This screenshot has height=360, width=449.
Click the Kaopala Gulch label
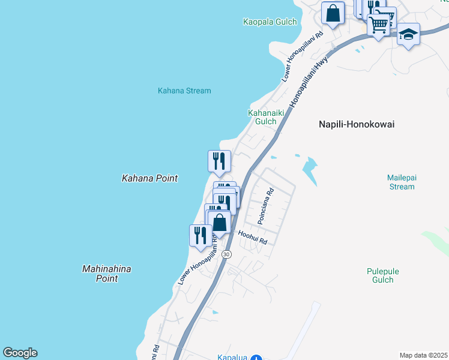pos(270,22)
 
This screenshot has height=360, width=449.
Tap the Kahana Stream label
pos(184,91)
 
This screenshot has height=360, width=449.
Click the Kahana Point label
pos(150,178)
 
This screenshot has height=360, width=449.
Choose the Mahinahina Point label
pos(106,274)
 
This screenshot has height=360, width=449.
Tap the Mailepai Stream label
pos(400,182)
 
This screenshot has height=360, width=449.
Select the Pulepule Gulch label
pos(383,275)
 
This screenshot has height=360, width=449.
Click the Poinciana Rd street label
pos(265,206)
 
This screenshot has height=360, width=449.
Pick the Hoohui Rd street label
pos(252,237)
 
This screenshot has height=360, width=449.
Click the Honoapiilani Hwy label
pos(309,83)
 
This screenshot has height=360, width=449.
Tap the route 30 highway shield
pos(226,254)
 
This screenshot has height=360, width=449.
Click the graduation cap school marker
pos(408,34)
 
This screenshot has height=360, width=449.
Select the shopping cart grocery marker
pos(378,25)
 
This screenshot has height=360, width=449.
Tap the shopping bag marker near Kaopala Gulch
pos(333,13)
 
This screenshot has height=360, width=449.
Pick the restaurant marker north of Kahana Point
pos(219,160)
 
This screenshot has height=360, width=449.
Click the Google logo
pos(20,353)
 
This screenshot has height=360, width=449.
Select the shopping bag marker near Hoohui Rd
pos(220,222)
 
